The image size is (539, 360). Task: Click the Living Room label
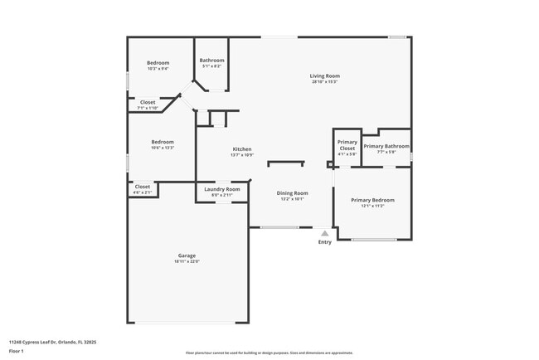[x=325, y=75]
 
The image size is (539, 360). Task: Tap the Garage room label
[x=187, y=255]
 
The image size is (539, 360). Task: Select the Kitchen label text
[x=241, y=148]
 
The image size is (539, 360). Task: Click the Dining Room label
[x=292, y=192]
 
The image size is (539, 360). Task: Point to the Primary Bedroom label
[x=372, y=200]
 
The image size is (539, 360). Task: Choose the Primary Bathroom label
[x=386, y=146]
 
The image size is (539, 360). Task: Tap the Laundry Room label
[x=221, y=189]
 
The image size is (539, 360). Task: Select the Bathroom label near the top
[x=211, y=60]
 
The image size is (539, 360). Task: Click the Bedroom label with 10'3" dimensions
[x=158, y=63]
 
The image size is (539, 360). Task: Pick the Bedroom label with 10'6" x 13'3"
[x=163, y=142]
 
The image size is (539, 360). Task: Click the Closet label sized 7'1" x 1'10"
[x=147, y=102]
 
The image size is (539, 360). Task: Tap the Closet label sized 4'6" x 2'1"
[x=143, y=187]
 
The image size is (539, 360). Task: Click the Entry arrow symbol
[x=324, y=233]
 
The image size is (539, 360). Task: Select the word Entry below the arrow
[x=324, y=242]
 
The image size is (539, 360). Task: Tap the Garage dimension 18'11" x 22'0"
[x=187, y=261]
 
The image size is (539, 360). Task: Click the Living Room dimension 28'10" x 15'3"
[x=325, y=81]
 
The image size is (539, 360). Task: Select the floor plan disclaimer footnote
[x=269, y=353]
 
